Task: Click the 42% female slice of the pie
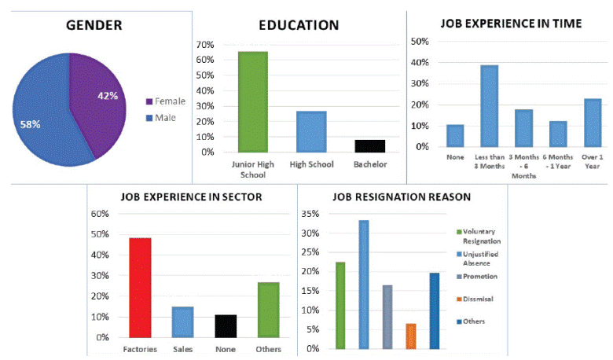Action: tap(98, 98)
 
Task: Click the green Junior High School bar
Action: tap(252, 101)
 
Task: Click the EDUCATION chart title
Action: tap(299, 25)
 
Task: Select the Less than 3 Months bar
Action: tap(490, 105)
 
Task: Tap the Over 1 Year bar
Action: tap(592, 123)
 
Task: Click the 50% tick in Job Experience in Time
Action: tap(419, 41)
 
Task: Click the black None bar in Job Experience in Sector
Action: tap(226, 325)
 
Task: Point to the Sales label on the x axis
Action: tap(182, 348)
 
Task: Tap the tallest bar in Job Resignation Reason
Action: tap(364, 284)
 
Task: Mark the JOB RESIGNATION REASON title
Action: tap(402, 197)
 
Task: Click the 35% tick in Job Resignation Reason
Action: tap(310, 214)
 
